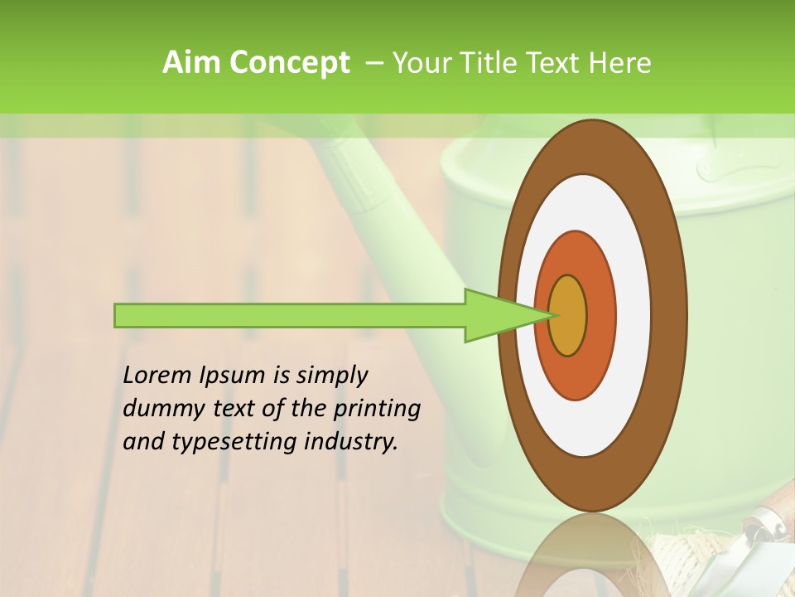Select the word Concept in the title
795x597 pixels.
[x=289, y=64]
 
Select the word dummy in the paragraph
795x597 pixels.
[x=161, y=409]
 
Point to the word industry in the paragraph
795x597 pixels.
[x=352, y=442]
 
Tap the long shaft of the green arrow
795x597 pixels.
[x=290, y=315]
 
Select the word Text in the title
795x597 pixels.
[x=557, y=63]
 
